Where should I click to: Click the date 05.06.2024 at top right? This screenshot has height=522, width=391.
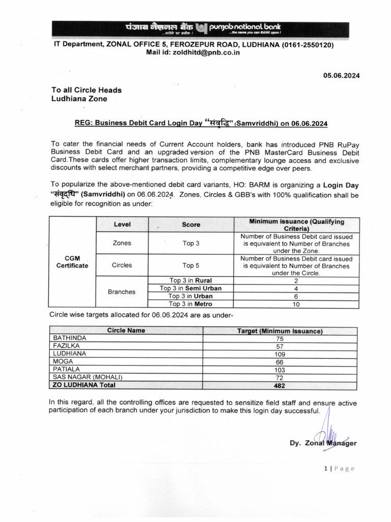click(341, 75)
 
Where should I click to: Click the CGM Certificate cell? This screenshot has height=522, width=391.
click(72, 262)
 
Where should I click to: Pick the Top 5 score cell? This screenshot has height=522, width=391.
click(191, 265)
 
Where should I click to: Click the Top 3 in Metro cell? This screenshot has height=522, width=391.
click(190, 304)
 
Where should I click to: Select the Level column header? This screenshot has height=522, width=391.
click(122, 224)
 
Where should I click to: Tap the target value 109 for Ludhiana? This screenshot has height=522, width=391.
click(280, 353)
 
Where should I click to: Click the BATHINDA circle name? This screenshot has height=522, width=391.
click(70, 337)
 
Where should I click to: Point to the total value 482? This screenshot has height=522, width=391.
click(280, 385)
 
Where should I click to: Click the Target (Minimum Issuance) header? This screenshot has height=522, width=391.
click(280, 330)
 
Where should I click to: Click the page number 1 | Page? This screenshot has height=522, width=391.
click(338, 468)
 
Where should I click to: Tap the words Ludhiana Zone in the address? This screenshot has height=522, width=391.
click(79, 99)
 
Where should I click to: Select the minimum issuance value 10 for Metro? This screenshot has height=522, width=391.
click(296, 304)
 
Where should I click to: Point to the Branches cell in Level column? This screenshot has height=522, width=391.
click(122, 292)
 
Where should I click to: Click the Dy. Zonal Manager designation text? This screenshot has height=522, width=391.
click(323, 443)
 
